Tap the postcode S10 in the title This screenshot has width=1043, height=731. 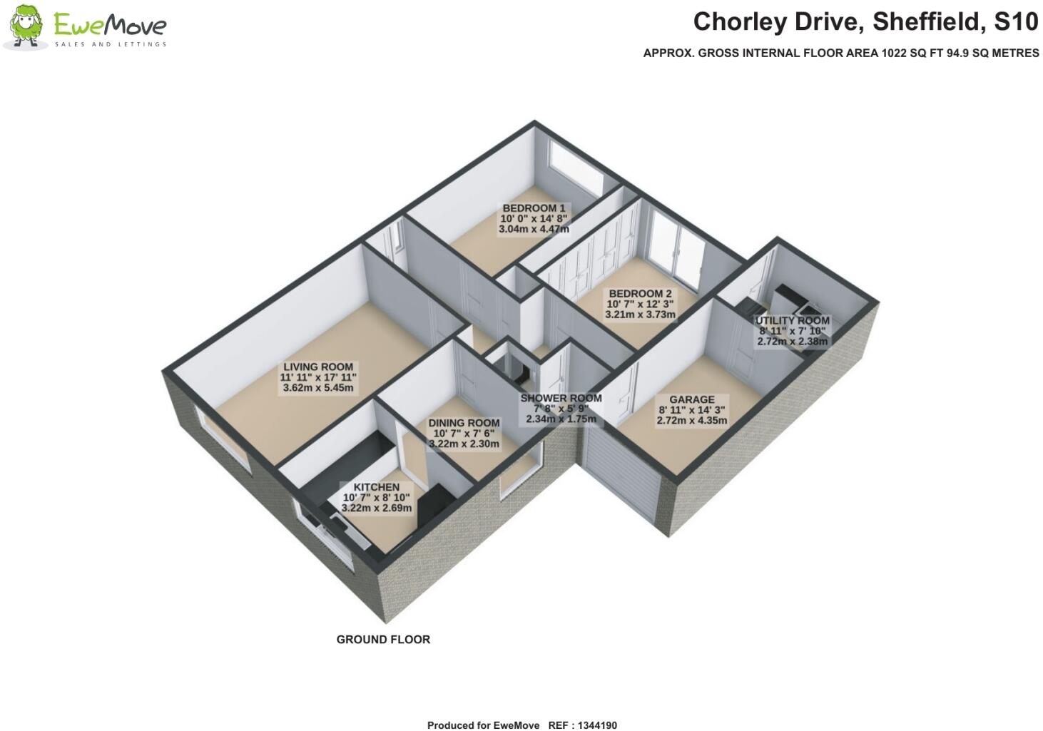coord(1017,22)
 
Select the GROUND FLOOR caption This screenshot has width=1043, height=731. coord(383,640)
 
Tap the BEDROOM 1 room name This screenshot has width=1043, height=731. coord(534,208)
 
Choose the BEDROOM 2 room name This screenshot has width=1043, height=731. coord(640,293)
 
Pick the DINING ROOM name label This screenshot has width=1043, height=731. coord(464,423)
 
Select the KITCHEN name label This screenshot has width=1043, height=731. coord(377,487)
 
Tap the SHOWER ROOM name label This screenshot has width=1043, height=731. coord(561,399)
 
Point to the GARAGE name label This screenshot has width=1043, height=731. coord(691,399)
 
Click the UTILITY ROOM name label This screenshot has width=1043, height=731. coord(792,321)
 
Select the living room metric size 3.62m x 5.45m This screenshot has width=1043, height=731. coord(318,388)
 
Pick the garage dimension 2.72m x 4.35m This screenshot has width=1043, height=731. coord(691,421)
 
